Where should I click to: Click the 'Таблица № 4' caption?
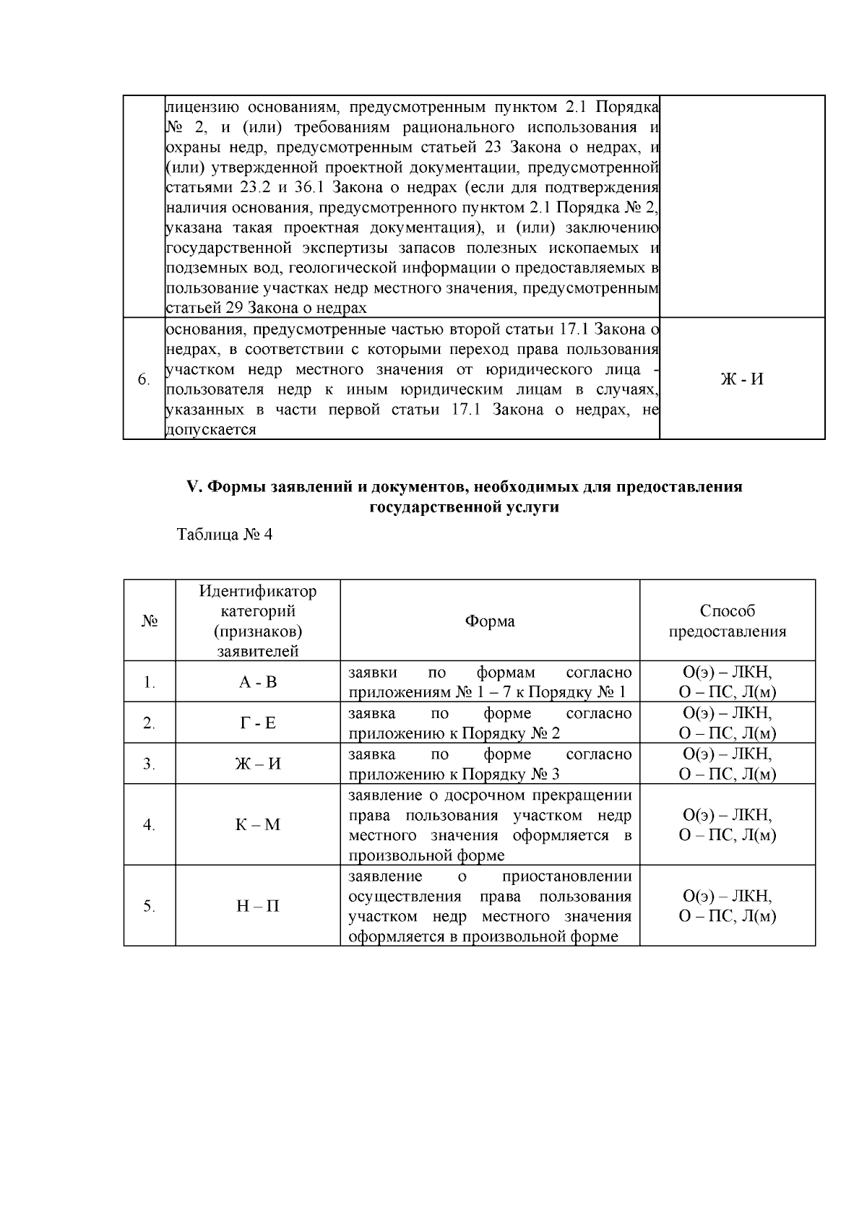coord(225,535)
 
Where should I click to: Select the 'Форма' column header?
coord(490,621)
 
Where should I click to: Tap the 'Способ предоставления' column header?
coord(727,621)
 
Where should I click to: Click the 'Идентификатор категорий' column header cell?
coord(258,621)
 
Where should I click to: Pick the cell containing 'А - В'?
coord(258,682)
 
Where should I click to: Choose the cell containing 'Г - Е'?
coord(258,723)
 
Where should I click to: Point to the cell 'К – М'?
coord(258,825)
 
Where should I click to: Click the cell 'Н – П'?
coord(258,906)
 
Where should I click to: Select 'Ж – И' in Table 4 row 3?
coord(258,764)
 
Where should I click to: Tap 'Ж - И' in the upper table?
coord(742,379)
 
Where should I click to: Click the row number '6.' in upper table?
coord(144,379)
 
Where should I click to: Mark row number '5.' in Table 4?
coord(149,906)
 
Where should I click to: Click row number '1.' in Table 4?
coord(149,682)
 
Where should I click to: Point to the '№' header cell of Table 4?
coord(149,621)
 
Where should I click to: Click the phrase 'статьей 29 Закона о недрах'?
coord(267,308)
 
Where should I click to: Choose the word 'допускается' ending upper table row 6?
coord(212,430)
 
